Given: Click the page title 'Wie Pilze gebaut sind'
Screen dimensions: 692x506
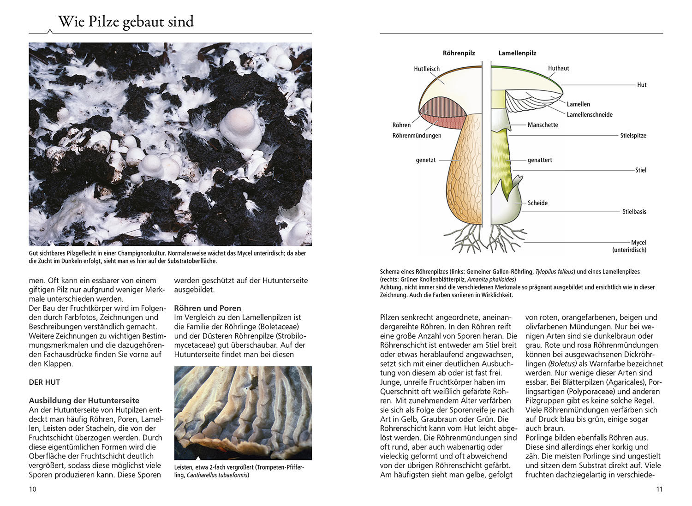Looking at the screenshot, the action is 126,22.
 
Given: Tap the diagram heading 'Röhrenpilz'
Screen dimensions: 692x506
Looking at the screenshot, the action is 459,53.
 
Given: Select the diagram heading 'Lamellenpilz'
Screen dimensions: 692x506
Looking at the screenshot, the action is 517,53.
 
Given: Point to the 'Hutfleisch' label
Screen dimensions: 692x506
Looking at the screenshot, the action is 427,69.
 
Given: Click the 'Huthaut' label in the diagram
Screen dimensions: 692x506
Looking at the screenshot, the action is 558,68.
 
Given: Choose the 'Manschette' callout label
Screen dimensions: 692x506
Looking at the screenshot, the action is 543,125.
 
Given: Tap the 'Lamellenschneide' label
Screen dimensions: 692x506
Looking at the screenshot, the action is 590,114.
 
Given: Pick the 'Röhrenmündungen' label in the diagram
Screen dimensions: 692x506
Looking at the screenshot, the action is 417,136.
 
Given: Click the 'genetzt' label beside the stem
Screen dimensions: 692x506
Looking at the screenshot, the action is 426,160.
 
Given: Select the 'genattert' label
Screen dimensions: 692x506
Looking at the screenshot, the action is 540,160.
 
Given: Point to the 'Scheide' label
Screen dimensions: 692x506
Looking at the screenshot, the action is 537,203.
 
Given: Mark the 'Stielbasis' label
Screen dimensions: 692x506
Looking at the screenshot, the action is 634,212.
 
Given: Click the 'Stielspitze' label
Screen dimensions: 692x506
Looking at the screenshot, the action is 633,136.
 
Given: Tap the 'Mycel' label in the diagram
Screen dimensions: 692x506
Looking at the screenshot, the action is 638,243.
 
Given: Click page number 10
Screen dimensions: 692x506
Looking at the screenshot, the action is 32,489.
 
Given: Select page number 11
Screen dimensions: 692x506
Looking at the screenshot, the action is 659,489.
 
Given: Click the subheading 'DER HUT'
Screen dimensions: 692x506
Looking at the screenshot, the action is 44,382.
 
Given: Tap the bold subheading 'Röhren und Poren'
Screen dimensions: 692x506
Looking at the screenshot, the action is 208,308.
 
